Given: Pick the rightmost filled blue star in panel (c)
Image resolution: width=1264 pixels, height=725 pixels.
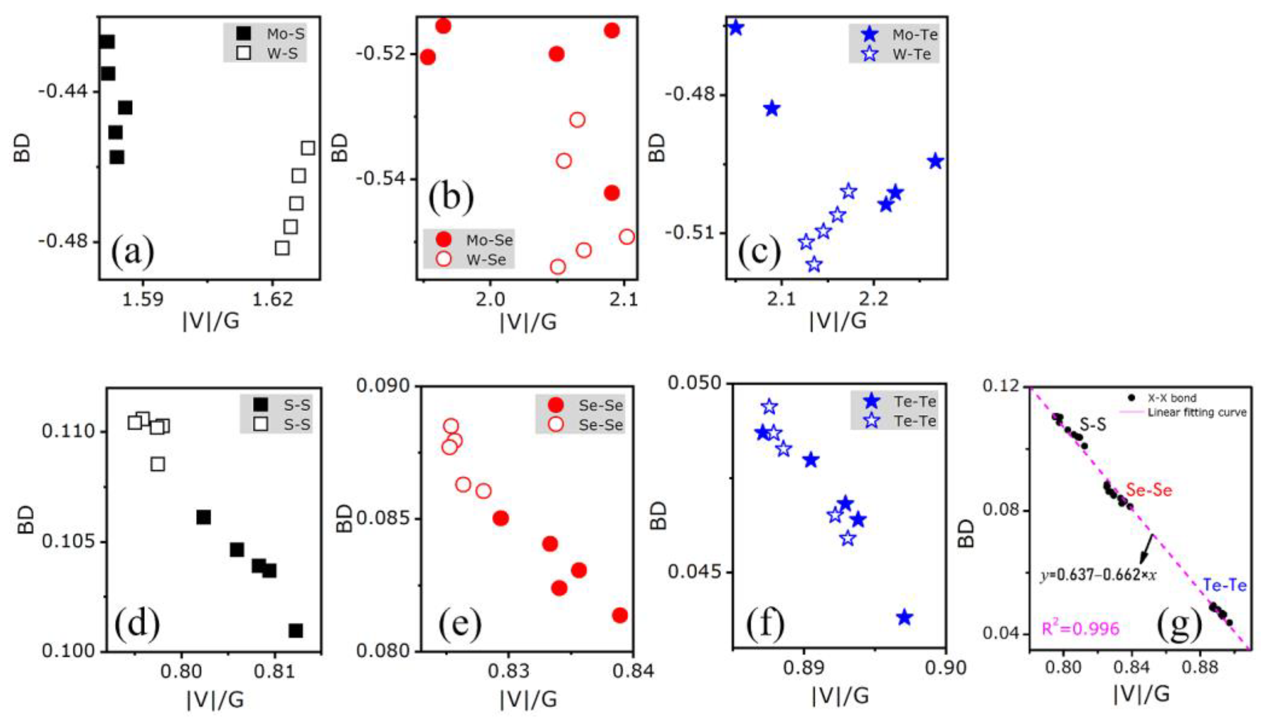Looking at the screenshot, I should (936, 161).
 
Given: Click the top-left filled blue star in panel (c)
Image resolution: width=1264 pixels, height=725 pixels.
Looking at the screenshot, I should (736, 28).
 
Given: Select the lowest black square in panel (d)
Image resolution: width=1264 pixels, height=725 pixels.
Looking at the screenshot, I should (296, 631).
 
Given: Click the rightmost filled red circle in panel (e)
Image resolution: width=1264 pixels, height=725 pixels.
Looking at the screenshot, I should (620, 616).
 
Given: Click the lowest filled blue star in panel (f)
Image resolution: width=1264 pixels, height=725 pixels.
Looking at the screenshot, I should (905, 618).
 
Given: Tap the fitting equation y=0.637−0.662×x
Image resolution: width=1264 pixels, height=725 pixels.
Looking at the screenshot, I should (1098, 575).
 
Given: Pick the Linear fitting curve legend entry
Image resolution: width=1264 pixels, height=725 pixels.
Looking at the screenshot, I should (1194, 413).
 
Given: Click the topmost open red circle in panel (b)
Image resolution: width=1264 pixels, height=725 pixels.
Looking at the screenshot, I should (577, 120).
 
